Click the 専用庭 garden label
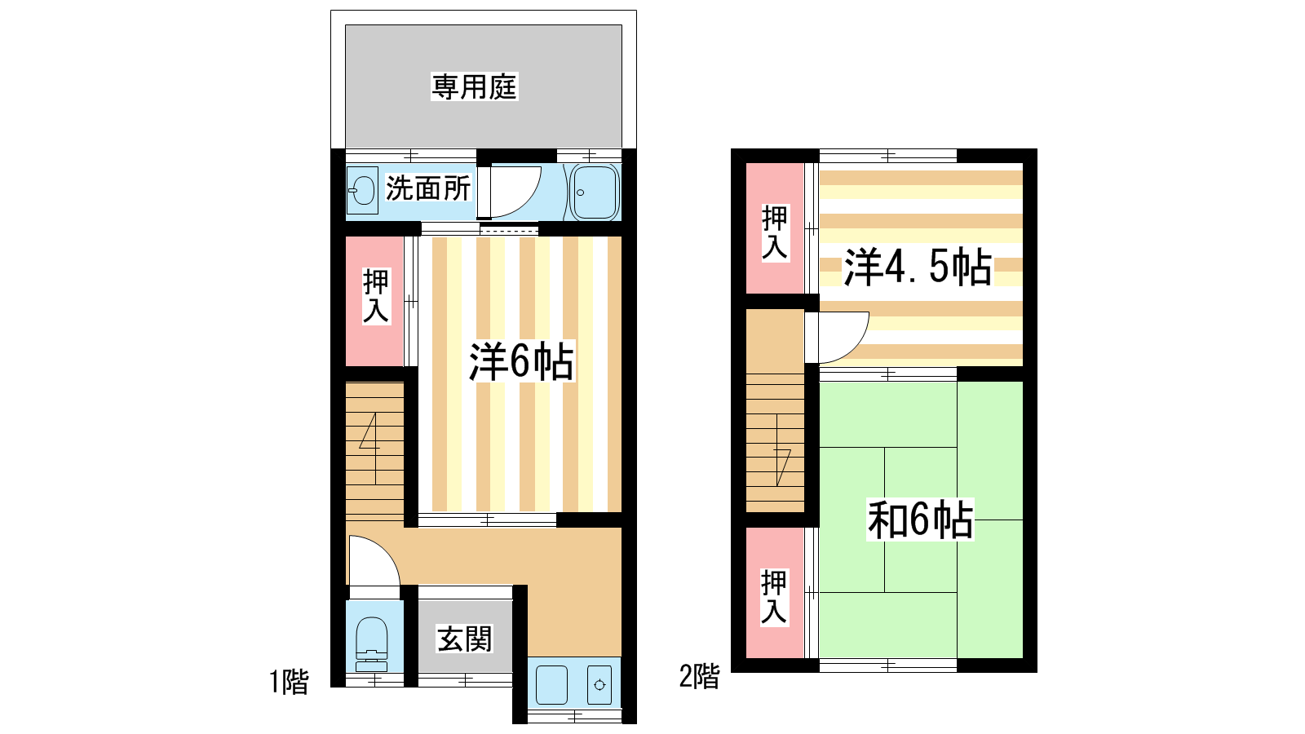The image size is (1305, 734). click(x=474, y=87)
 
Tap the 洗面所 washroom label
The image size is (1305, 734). click(x=428, y=188)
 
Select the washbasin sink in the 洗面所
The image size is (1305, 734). click(x=362, y=191)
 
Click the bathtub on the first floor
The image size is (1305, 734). click(x=595, y=192)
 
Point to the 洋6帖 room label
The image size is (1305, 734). click(x=521, y=362)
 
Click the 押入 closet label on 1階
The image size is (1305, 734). click(x=376, y=296)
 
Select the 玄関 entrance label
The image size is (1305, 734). click(x=464, y=639)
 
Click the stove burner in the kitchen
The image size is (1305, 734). click(x=599, y=685)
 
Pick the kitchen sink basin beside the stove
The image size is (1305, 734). click(x=551, y=685)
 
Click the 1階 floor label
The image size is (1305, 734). click(x=289, y=682)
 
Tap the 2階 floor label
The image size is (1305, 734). click(x=700, y=676)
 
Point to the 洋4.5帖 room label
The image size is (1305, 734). click(x=918, y=267)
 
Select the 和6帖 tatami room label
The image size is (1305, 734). click(x=920, y=520)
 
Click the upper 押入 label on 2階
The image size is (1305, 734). click(x=775, y=232)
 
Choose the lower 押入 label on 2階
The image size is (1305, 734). click(x=774, y=597)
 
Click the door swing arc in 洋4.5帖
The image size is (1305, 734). click(x=856, y=347)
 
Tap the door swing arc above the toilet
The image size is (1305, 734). click(x=387, y=550)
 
